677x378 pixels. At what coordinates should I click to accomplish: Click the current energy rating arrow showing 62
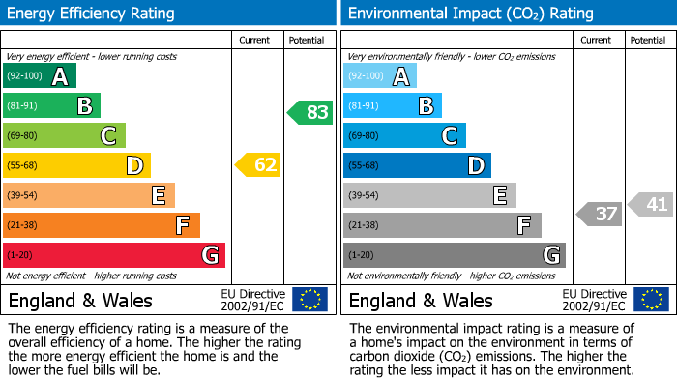point(258,165)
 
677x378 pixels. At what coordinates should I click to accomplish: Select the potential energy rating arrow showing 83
point(310,112)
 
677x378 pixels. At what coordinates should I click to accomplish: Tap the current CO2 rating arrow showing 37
point(599,214)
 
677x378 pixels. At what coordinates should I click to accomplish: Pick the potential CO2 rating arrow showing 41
point(651,204)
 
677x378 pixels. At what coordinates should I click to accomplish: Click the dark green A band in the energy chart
point(40,76)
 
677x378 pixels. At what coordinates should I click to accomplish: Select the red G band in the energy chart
point(114,255)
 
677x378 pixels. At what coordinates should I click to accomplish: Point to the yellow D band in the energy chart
point(76,165)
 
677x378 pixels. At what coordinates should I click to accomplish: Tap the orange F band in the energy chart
point(102,225)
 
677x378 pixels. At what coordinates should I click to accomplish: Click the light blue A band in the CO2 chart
point(380,76)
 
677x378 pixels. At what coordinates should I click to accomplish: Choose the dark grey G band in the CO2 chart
point(454,255)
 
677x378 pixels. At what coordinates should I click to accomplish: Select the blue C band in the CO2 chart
point(404,135)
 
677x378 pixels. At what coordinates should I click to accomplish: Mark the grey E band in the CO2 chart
point(429,195)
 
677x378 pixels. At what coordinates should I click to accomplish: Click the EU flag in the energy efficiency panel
point(309,299)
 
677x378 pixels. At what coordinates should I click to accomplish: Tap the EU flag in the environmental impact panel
point(651,299)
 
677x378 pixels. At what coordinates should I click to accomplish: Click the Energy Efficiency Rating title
point(92,14)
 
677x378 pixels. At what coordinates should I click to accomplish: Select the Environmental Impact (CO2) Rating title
point(470,14)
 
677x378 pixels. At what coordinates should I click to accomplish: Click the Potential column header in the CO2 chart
point(648,40)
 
